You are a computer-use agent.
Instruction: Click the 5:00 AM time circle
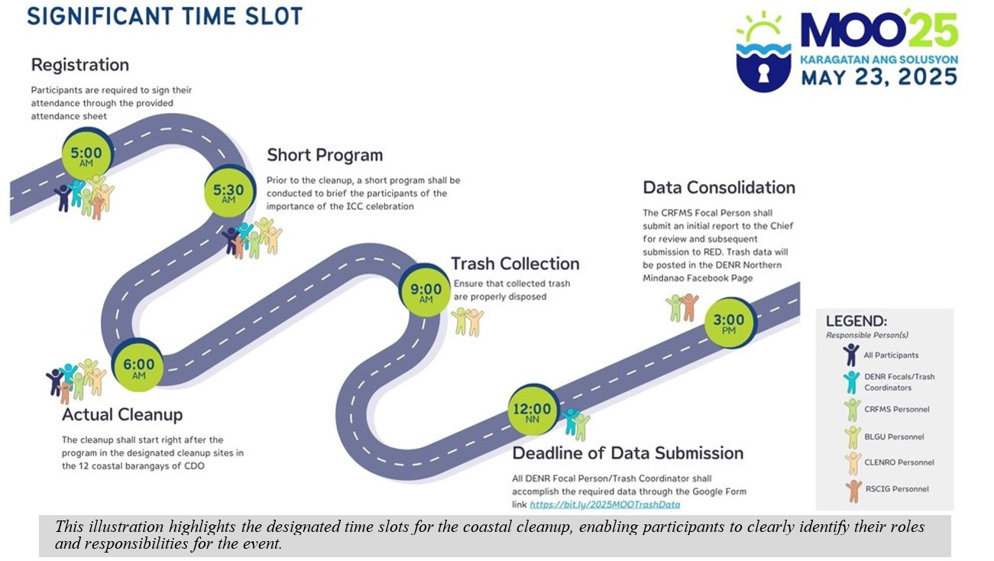[86, 154]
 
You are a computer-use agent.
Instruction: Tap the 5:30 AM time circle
[229, 191]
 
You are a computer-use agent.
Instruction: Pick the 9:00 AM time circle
[425, 290]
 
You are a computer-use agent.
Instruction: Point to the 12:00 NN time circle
[533, 410]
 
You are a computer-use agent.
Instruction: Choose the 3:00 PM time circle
[729, 323]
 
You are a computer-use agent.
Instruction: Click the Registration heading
[80, 65]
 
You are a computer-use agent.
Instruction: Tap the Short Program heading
[325, 155]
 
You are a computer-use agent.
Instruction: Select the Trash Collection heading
[515, 264]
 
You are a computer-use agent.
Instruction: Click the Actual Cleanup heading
[122, 414]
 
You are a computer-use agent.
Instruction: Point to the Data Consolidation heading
[719, 187]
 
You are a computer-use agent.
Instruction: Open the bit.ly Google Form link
[605, 504]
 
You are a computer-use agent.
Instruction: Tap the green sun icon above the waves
[762, 26]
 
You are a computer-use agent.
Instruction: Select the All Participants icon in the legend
[850, 355]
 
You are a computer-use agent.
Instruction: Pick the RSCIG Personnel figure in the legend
[853, 491]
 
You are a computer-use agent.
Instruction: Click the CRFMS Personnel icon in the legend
[852, 410]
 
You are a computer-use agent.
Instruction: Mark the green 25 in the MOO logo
[932, 30]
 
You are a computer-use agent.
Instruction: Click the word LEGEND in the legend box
[856, 321]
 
